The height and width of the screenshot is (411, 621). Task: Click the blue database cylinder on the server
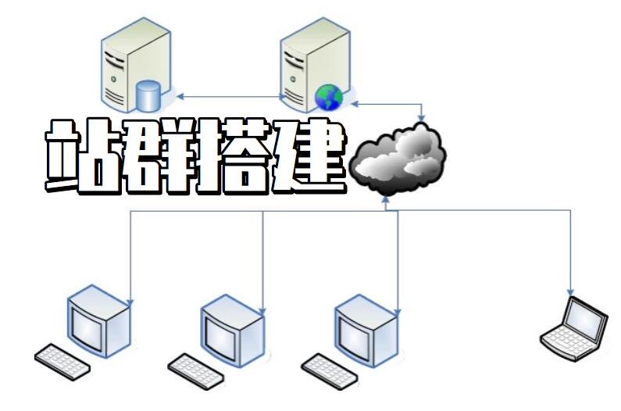click(148, 95)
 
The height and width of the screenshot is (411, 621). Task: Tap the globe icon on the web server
click(329, 98)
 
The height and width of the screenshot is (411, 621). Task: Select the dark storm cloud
click(398, 159)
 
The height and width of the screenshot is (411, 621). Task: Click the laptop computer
click(575, 329)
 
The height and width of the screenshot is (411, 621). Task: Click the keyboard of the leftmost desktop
click(62, 362)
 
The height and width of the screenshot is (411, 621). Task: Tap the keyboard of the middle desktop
click(195, 371)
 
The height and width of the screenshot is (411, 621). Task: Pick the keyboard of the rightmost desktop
click(330, 371)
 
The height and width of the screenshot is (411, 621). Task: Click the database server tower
click(137, 65)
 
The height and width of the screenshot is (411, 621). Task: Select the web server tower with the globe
click(316, 65)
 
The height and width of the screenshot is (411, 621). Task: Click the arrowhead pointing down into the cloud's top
click(421, 118)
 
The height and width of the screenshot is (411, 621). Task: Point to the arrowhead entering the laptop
click(571, 292)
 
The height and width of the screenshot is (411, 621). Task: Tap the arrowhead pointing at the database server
click(180, 96)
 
